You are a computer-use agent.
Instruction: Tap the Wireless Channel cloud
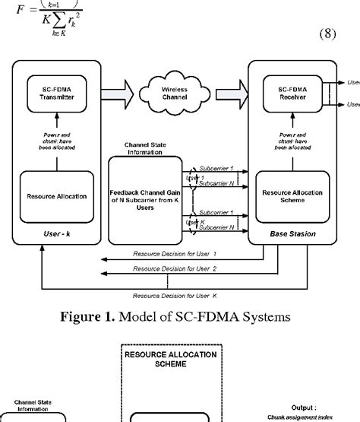point(173,96)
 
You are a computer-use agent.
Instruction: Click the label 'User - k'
point(58,238)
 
